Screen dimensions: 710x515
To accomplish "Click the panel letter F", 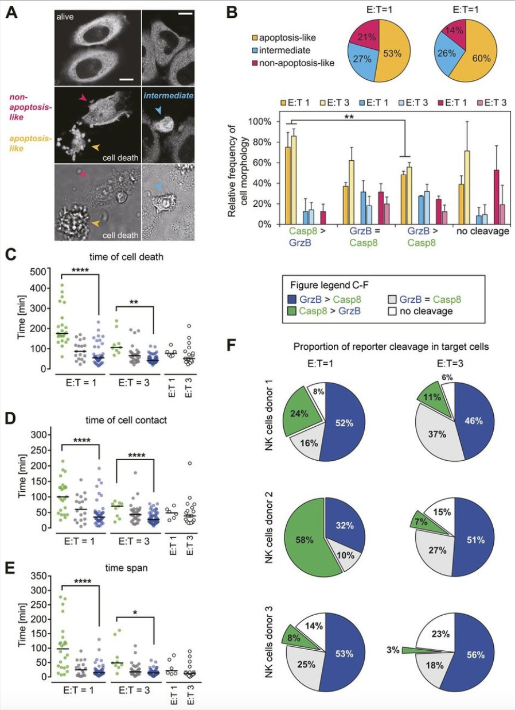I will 232,345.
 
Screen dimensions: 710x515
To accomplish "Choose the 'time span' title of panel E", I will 112,579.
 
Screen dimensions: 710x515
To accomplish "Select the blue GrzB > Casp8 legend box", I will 292,299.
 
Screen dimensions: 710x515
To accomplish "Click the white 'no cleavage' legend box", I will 393,312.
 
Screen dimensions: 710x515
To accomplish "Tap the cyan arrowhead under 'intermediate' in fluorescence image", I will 158,108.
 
